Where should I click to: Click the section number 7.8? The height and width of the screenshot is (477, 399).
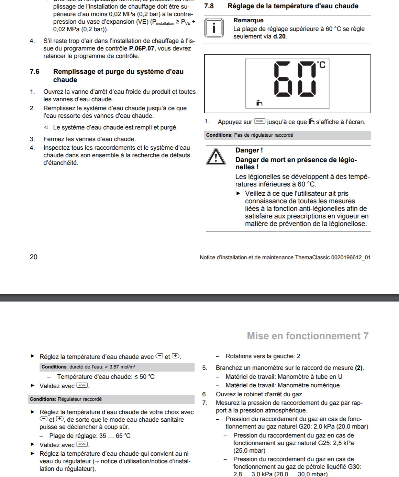209,6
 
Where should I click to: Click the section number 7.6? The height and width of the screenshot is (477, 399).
35,72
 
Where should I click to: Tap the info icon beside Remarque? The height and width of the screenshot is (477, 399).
214,28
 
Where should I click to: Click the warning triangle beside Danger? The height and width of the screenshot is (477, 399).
216,157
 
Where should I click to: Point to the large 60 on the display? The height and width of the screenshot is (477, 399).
295,79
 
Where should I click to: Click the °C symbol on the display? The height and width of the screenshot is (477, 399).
321,65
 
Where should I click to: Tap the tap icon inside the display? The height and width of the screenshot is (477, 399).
259,102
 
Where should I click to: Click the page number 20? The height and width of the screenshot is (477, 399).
34,257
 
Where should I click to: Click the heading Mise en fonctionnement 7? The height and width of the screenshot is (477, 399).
308,336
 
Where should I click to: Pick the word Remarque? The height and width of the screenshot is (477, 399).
248,21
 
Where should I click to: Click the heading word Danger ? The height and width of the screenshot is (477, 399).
249,150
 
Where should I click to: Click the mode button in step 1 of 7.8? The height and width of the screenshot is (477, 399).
259,121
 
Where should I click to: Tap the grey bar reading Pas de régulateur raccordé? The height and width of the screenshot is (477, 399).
288,135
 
